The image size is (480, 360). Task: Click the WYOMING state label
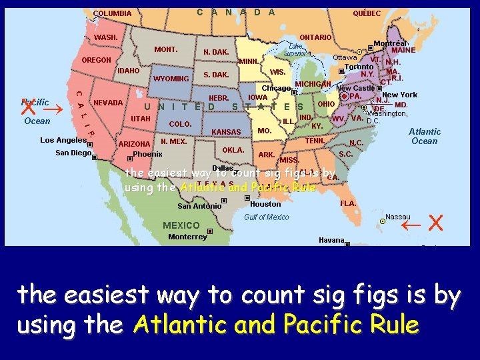pyautogui.click(x=171, y=79)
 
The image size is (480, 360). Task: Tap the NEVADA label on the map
pyautogui.click(x=108, y=103)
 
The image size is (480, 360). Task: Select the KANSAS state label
pyautogui.click(x=226, y=132)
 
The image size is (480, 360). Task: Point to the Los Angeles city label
pyautogui.click(x=63, y=140)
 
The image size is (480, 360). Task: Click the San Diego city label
pyautogui.click(x=73, y=153)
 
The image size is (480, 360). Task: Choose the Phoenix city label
pyautogui.click(x=147, y=154)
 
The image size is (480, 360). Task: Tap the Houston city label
pyautogui.click(x=265, y=204)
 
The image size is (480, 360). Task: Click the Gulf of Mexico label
pyautogui.click(x=267, y=217)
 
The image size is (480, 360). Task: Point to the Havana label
pyautogui.click(x=331, y=240)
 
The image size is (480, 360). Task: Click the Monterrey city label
pyautogui.click(x=187, y=237)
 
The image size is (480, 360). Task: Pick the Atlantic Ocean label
pyautogui.click(x=425, y=136)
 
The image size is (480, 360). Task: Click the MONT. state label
pyautogui.click(x=165, y=49)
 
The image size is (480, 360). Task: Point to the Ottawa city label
pyautogui.click(x=345, y=57)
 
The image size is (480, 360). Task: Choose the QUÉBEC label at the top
pyautogui.click(x=367, y=13)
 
